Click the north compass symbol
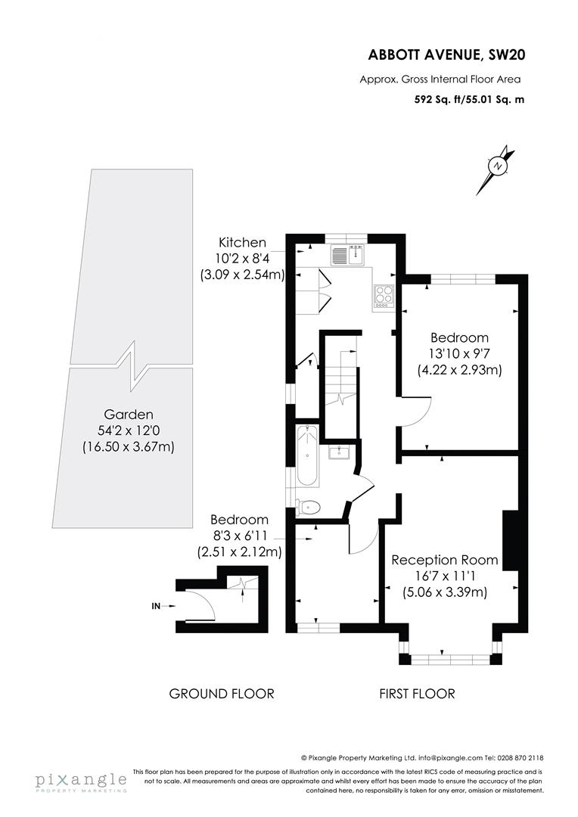[497, 166]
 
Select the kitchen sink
[347, 256]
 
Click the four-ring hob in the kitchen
[384, 296]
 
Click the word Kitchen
[242, 243]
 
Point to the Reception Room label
[444, 561]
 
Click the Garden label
[129, 415]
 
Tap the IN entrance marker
[157, 605]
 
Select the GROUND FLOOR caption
[221, 693]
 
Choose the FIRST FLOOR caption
[417, 693]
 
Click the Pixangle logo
[80, 780]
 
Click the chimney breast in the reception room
[510, 540]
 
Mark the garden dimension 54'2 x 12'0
[129, 430]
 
